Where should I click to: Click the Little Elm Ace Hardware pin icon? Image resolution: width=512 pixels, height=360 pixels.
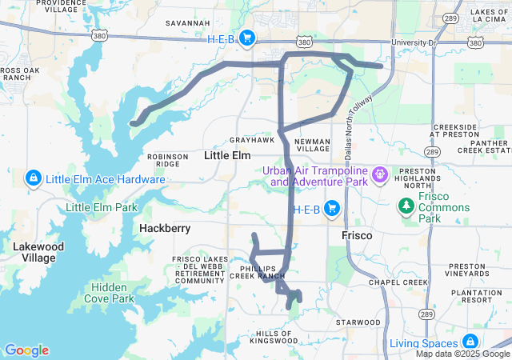click(34, 178)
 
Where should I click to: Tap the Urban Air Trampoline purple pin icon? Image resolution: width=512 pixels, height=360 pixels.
click(379, 173)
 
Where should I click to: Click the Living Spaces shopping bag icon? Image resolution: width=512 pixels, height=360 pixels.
click(470, 342)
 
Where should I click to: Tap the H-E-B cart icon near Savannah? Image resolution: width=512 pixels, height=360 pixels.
click(247, 38)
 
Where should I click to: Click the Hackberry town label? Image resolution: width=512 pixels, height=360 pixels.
click(165, 228)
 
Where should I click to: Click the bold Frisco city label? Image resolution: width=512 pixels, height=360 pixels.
click(358, 237)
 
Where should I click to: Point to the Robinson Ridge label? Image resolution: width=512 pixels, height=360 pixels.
click(167, 160)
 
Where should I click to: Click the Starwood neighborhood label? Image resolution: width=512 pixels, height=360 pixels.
click(358, 322)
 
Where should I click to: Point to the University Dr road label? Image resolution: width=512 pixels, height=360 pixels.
click(414, 42)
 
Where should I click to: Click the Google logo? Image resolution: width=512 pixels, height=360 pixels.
click(26, 350)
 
